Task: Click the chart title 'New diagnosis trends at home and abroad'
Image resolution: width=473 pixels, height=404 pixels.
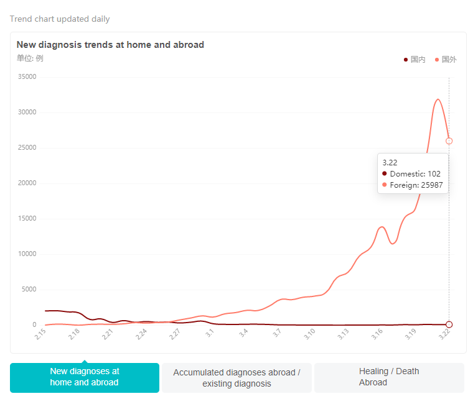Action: (x=110, y=45)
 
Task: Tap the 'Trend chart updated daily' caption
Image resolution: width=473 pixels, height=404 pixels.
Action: (x=60, y=19)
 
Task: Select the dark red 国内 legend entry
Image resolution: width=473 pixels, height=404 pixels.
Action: (x=415, y=60)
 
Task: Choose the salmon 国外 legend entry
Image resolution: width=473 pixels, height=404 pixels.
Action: (x=446, y=60)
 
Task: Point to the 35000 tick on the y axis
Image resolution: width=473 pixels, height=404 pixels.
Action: (x=27, y=77)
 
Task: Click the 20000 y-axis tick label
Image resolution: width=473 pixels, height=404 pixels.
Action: (x=27, y=183)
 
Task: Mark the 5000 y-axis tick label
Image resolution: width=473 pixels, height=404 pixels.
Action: (x=29, y=290)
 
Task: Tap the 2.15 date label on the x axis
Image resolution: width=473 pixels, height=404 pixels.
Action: (x=40, y=334)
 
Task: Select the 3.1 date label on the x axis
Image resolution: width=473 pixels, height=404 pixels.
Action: (x=210, y=333)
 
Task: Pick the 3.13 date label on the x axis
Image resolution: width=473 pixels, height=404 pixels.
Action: (x=343, y=334)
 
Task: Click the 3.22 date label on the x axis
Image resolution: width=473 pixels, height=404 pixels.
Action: (x=444, y=334)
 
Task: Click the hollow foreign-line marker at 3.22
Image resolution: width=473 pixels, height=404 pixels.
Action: (x=449, y=141)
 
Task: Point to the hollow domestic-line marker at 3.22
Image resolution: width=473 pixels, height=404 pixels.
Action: (x=449, y=324)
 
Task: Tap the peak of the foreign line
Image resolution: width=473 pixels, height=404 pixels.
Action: (x=438, y=99)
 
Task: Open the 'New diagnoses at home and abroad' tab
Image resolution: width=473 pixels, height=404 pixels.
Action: (x=85, y=377)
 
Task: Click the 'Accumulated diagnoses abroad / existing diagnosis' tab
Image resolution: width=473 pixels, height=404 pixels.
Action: (x=236, y=378)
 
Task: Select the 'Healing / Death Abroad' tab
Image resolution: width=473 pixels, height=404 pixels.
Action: (x=389, y=377)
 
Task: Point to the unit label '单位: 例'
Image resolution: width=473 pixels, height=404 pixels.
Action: (x=30, y=58)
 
